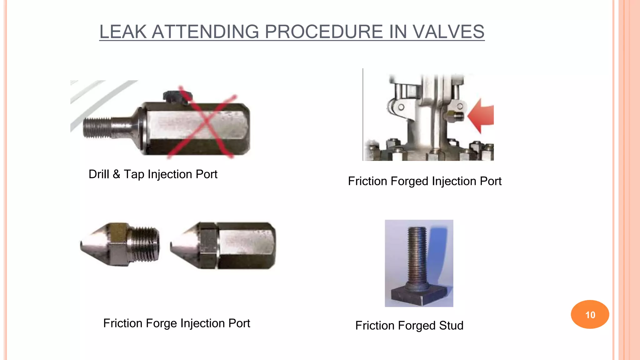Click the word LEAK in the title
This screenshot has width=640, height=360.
pos(123,32)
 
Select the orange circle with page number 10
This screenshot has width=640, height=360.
pos(590,314)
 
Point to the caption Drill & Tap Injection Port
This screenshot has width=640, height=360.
pos(153,174)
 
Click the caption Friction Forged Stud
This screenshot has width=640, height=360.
pos(409,326)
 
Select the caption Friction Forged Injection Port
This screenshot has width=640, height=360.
pos(424,181)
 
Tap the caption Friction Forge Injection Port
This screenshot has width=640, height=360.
pos(177,323)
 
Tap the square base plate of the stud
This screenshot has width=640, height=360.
pos(419,295)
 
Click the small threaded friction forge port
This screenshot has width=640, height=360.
pos(120,244)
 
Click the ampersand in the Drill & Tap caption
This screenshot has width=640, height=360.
pos(116,174)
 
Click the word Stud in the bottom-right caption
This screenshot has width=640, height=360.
pos(451,326)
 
